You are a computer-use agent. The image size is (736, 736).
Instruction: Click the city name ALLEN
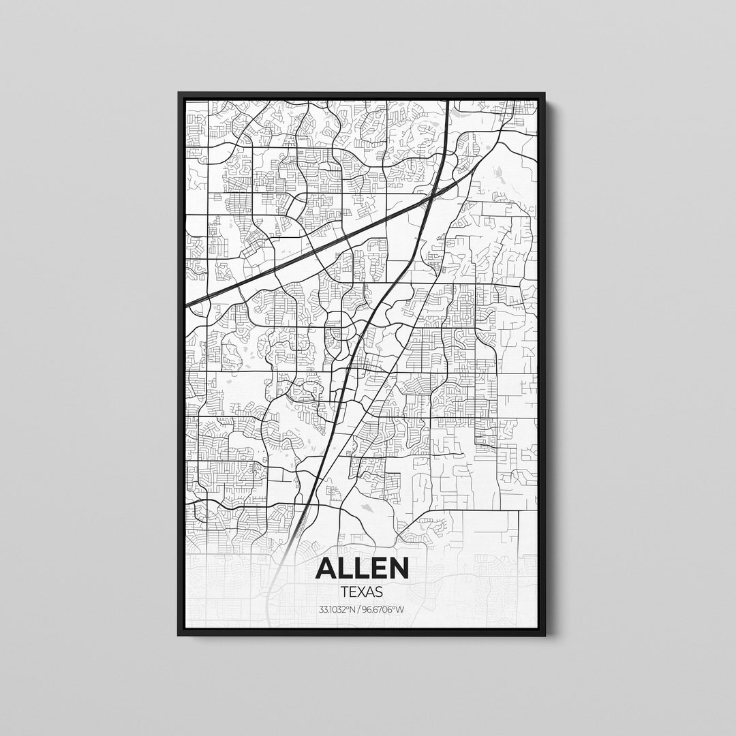click(362, 568)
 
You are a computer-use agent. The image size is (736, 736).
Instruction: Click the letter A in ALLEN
click(328, 568)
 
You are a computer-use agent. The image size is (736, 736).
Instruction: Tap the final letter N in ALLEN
click(397, 568)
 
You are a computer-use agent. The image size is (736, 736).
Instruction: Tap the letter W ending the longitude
click(401, 609)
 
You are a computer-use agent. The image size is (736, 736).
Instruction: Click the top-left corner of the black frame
click(179, 93)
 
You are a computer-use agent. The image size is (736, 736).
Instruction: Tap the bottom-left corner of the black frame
click(179, 635)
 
